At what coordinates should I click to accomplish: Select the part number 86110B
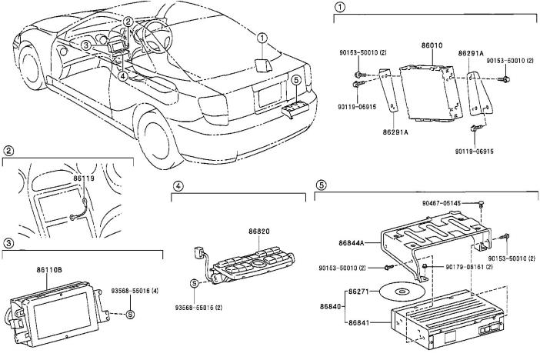(49, 271)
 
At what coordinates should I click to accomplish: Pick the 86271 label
(359, 292)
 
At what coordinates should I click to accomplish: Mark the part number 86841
(359, 322)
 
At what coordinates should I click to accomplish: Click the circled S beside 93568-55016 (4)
(130, 314)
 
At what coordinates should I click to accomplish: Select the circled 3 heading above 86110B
(8, 243)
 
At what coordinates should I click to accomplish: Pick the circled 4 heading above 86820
(177, 186)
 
